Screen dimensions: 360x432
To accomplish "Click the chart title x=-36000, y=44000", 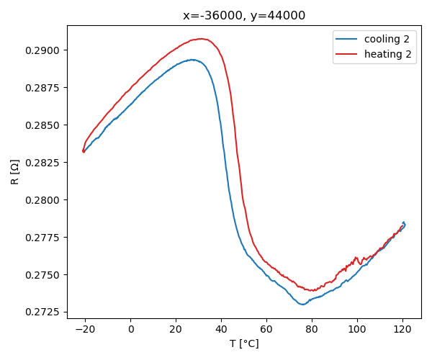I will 244,15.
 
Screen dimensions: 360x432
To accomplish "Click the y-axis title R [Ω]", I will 15,171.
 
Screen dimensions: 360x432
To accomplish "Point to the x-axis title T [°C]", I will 244,343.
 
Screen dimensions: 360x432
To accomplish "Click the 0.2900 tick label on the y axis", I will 44,50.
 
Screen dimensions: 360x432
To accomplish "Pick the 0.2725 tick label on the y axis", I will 44,312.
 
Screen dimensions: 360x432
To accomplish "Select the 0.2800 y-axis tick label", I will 44,199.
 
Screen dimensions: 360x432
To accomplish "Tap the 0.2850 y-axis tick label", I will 44,125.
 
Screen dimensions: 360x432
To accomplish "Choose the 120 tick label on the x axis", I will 402,329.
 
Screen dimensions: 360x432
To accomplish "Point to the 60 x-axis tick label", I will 266,329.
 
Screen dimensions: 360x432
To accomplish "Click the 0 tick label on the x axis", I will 131,329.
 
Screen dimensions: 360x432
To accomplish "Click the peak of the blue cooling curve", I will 193,60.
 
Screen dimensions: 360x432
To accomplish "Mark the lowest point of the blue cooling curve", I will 302,305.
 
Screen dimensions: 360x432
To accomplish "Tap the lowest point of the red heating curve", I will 312,291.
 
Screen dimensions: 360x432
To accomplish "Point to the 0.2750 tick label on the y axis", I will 44,274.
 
